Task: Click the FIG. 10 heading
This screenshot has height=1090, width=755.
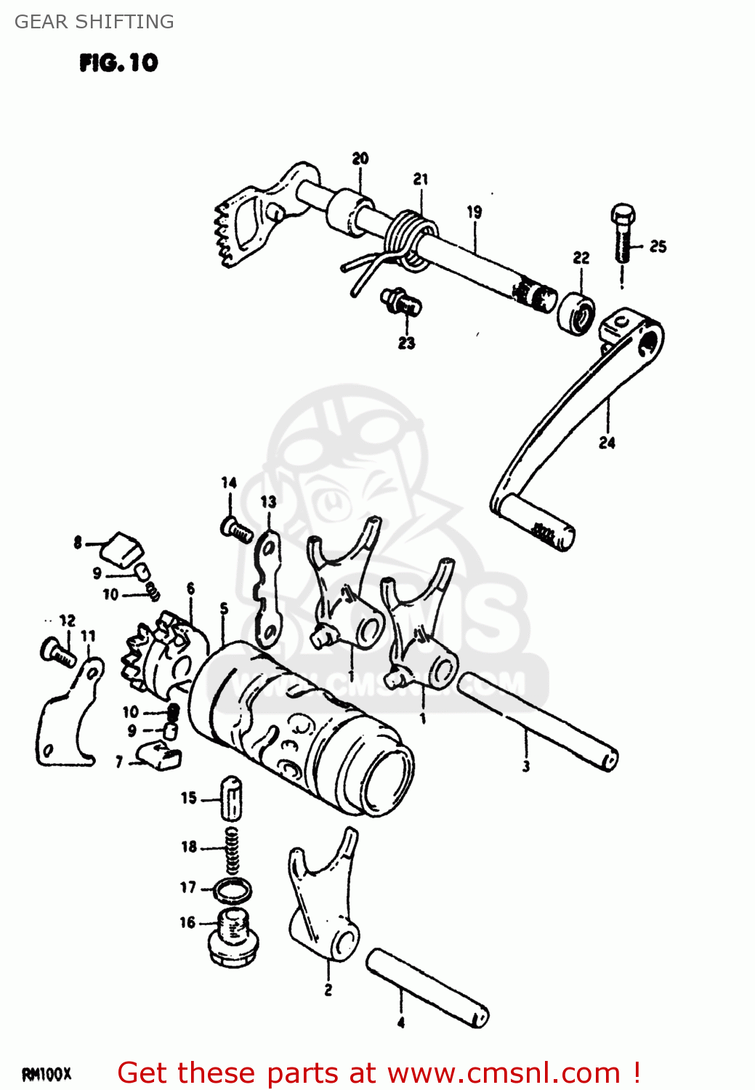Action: (x=118, y=62)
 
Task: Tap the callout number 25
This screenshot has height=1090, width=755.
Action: (x=658, y=246)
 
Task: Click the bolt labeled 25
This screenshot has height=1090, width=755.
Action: (x=623, y=233)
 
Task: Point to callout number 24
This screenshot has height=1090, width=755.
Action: (x=607, y=443)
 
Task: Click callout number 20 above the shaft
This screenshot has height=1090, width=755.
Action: (x=360, y=158)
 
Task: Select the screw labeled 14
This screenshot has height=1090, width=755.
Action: (x=235, y=528)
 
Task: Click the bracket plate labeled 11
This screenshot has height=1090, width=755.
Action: (x=69, y=719)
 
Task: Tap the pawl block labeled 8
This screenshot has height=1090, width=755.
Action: (x=122, y=549)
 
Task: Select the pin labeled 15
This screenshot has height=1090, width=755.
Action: (x=232, y=798)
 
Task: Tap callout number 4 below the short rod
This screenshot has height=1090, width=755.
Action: (x=401, y=1022)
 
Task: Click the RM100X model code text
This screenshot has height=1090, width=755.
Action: (x=47, y=1073)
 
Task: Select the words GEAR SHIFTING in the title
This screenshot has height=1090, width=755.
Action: (x=94, y=22)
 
